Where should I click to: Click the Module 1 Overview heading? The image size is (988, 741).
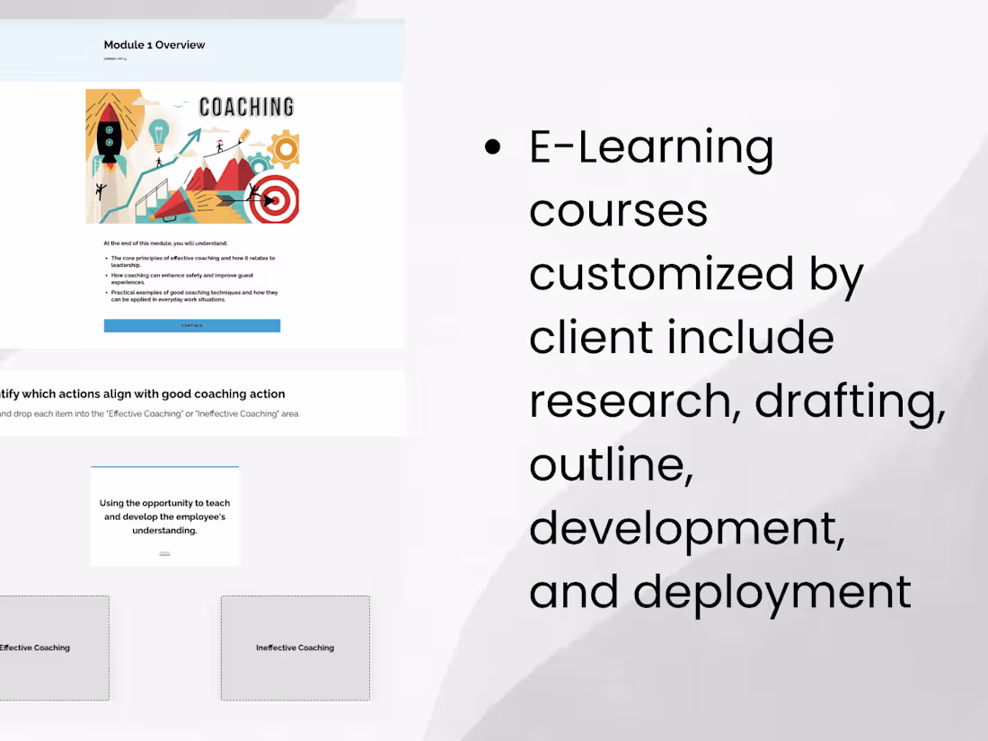click(x=154, y=45)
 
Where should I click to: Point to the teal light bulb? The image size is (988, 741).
click(x=159, y=133)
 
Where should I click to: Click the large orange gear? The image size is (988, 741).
click(x=285, y=148)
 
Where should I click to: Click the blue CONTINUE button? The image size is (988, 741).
click(x=191, y=325)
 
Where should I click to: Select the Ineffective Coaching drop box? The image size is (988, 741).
click(x=295, y=647)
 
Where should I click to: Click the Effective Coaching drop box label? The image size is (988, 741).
click(x=34, y=648)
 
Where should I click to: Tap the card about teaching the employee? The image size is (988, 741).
click(x=164, y=516)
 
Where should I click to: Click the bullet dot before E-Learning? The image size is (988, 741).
click(x=492, y=148)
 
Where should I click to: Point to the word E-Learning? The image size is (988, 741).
click(x=651, y=148)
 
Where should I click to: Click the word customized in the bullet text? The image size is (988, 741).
click(x=661, y=274)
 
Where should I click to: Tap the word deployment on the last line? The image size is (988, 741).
click(x=772, y=593)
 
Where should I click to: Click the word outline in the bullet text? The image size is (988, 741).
click(x=609, y=465)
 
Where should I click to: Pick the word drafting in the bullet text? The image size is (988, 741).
click(x=849, y=401)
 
